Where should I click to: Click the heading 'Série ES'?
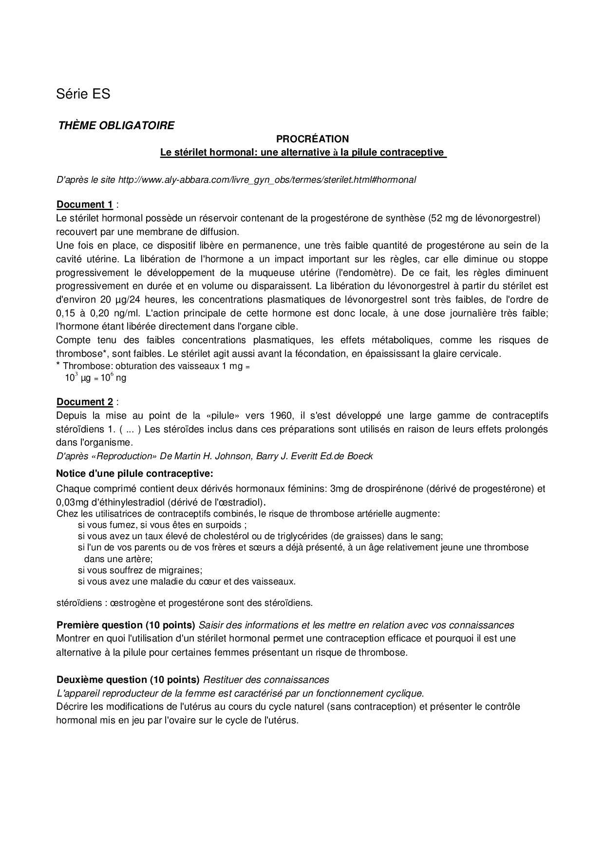[x=83, y=94]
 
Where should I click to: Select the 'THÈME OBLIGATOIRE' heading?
[x=116, y=125]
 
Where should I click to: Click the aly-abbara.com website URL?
[x=267, y=179]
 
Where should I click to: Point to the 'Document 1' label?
[x=85, y=204]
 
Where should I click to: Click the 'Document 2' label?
[x=85, y=402]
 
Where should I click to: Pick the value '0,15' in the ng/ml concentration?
[x=65, y=313]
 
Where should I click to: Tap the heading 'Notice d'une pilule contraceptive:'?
[x=134, y=473]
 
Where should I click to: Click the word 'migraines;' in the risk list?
[x=181, y=569]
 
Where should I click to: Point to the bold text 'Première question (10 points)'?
[x=126, y=625]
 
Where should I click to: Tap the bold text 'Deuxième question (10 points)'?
[x=128, y=680]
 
